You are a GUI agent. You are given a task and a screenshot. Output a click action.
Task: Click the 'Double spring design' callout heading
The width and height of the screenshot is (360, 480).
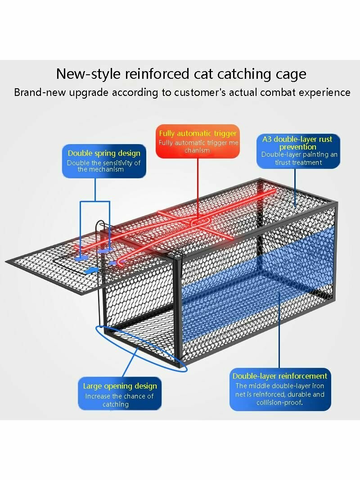coord(104,153)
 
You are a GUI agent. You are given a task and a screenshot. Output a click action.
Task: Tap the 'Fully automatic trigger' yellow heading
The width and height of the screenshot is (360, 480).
coord(198,133)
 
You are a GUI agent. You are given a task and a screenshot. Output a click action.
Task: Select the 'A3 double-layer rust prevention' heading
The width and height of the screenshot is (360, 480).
coord(297,143)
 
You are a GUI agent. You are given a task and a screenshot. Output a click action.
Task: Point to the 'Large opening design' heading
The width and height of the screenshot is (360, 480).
coord(120,386)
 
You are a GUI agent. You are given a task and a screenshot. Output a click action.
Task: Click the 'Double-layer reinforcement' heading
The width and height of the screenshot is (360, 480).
coord(280,376)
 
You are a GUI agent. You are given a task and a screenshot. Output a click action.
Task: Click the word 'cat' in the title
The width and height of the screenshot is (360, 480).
coord(203,74)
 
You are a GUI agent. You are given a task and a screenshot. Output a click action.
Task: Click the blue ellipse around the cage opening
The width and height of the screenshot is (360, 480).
coord(141,349)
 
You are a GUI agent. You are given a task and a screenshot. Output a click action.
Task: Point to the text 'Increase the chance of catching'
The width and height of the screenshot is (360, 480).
coord(119,400)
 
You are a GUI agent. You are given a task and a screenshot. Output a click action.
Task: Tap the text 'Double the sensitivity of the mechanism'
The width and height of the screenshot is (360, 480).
coord(103,166)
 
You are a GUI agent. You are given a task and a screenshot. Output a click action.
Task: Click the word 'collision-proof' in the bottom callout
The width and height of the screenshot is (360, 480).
coord(279,403)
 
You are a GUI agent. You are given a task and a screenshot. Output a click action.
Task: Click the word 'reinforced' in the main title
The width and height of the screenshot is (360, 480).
coord(157,74)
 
